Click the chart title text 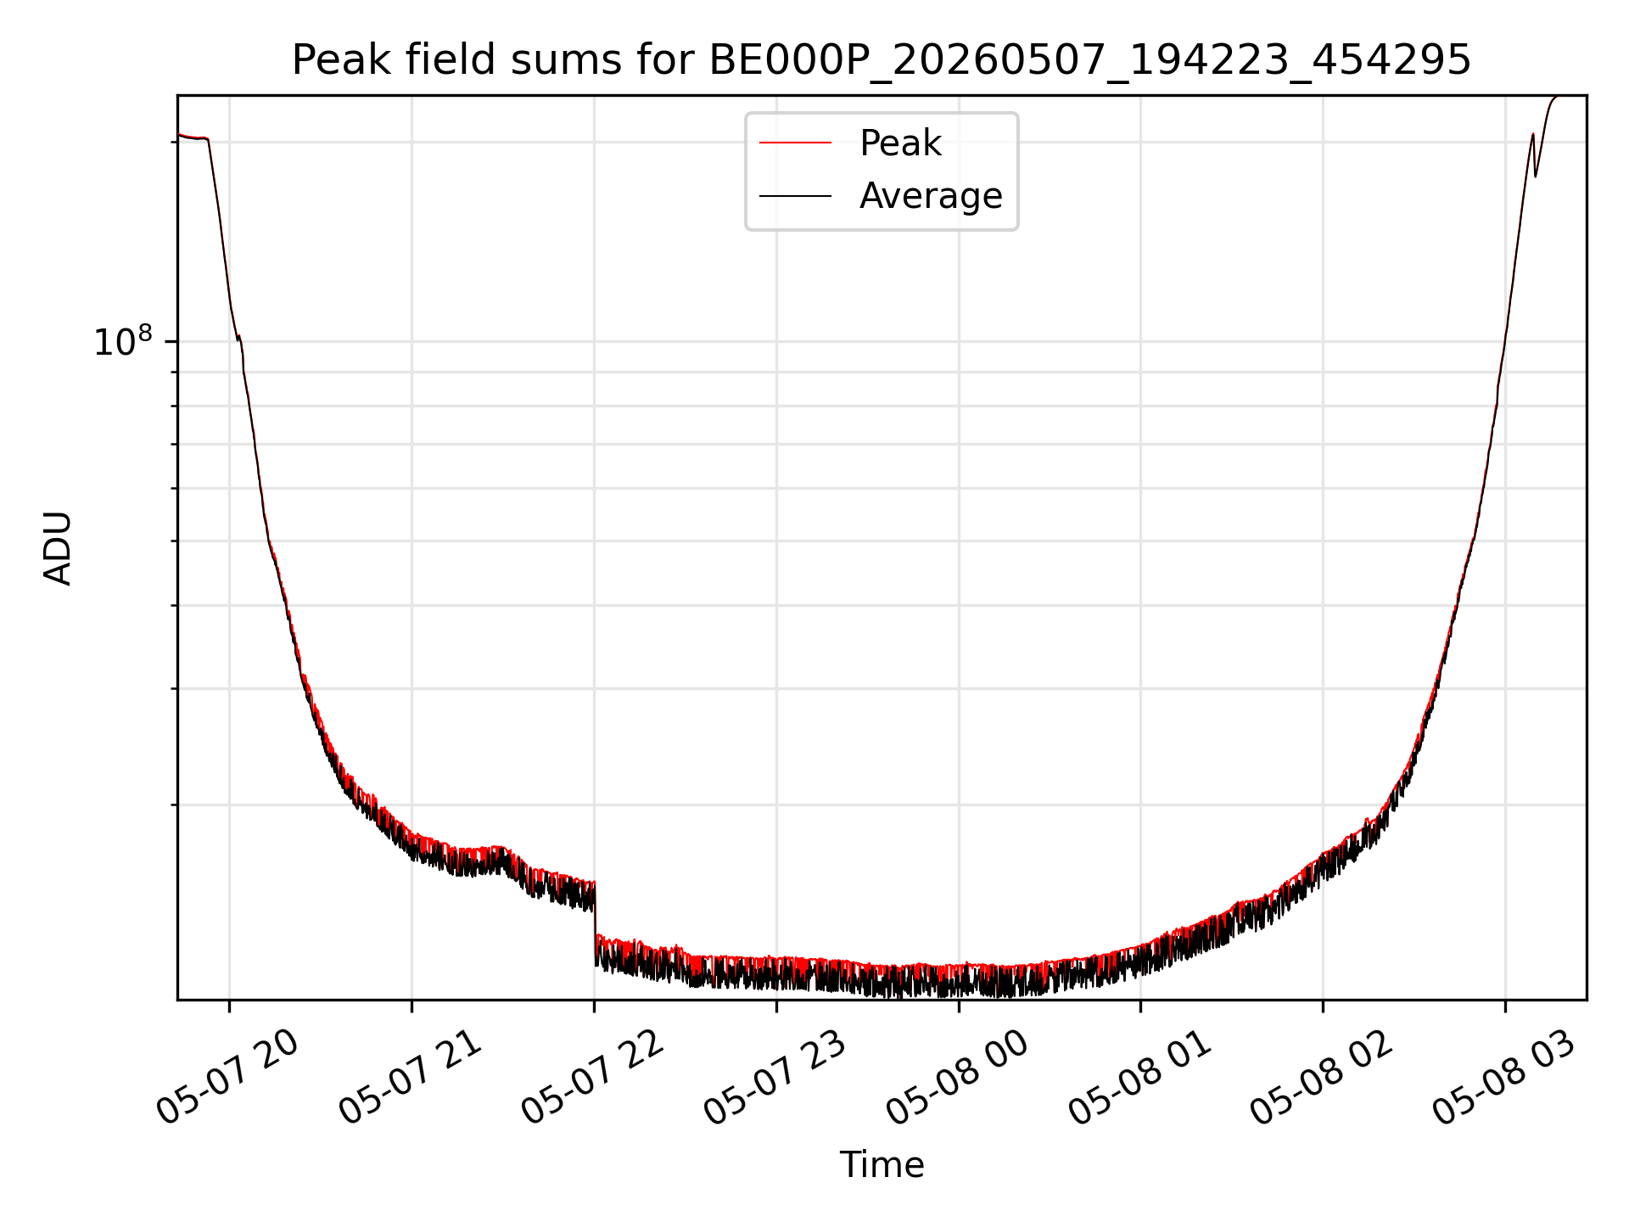[882, 60]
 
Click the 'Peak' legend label [900, 143]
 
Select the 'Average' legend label [931, 196]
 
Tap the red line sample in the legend [795, 143]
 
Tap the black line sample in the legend [795, 196]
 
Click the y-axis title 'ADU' [58, 548]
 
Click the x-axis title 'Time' [882, 1165]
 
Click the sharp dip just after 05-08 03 [1535, 175]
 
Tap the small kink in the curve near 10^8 [239, 339]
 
